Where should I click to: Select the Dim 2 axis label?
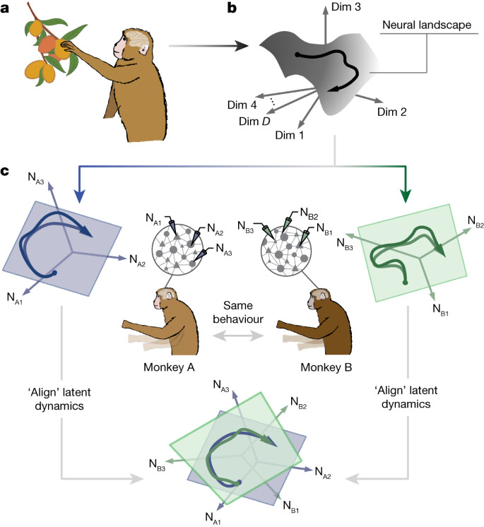(x=393, y=111)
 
